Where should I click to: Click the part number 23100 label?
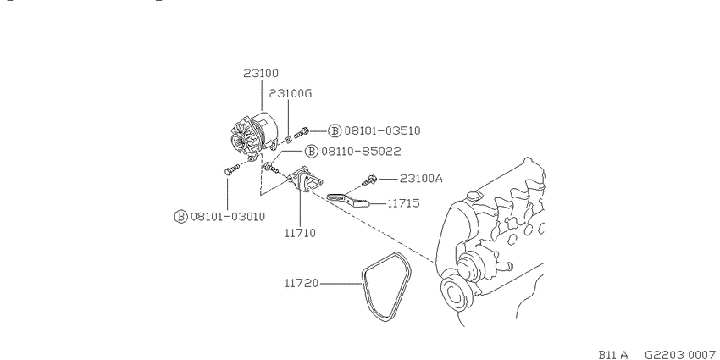[261, 74]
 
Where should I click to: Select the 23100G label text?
[291, 94]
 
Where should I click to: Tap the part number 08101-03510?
[382, 130]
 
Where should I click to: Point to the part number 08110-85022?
[361, 151]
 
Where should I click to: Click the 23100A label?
[421, 178]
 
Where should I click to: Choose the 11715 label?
[403, 203]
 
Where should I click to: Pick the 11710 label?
[301, 233]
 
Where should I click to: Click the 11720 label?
[302, 283]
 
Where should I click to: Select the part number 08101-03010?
[228, 216]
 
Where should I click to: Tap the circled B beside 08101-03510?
[335, 130]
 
